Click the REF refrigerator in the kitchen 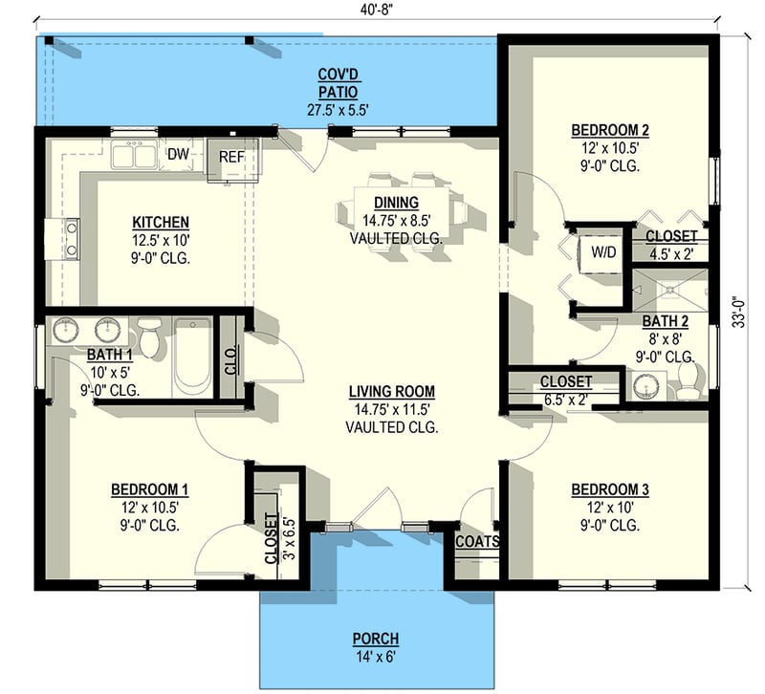tap(232, 160)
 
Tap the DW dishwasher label tap(178, 155)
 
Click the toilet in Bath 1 tap(148, 336)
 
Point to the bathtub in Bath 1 tap(192, 357)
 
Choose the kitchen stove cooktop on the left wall tap(71, 239)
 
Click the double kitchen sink tap(134, 154)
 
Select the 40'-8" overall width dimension tap(378, 11)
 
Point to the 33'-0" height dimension tap(739, 313)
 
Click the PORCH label tap(376, 639)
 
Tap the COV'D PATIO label tap(338, 83)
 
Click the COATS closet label tap(477, 541)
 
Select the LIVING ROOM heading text tap(392, 392)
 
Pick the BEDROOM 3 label tap(610, 489)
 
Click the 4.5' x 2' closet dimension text tap(671, 254)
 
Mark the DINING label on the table tap(396, 203)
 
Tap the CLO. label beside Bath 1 tap(230, 360)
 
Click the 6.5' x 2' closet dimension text tap(566, 400)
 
